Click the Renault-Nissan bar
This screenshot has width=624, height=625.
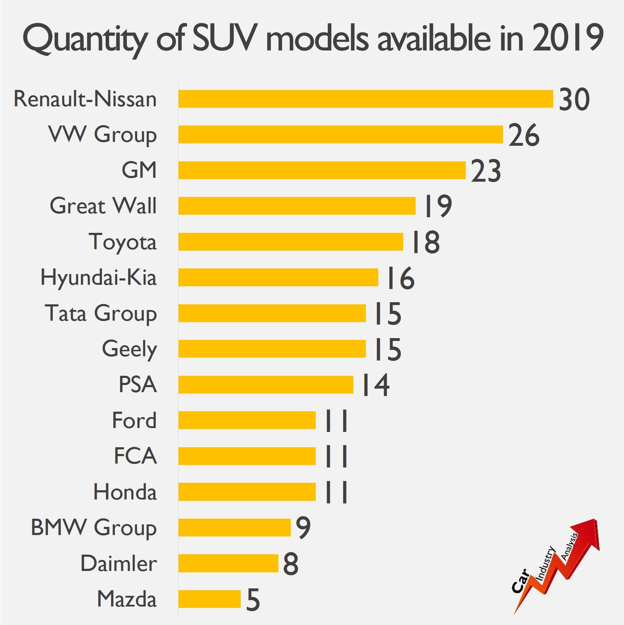pyautogui.click(x=366, y=99)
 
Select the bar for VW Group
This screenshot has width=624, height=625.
pyautogui.click(x=341, y=134)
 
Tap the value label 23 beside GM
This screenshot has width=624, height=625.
pyautogui.click(x=486, y=171)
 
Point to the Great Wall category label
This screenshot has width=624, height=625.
pyautogui.click(x=103, y=206)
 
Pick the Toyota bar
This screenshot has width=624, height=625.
pyautogui.click(x=291, y=242)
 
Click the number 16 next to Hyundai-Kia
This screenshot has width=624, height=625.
pyautogui.click(x=401, y=278)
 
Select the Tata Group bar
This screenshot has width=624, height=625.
pyautogui.click(x=272, y=313)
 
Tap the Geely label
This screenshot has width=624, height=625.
pyautogui.click(x=129, y=349)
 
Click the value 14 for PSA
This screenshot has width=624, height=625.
pyautogui.click(x=375, y=385)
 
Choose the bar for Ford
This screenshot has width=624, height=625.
pyautogui.click(x=247, y=420)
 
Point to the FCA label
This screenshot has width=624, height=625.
pyautogui.click(x=135, y=456)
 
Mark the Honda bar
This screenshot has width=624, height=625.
pyautogui.click(x=247, y=492)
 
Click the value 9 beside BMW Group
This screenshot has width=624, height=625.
pyautogui.click(x=303, y=528)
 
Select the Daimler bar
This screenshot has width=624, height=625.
pyautogui.click(x=228, y=563)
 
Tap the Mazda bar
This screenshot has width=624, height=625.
pyautogui.click(x=209, y=599)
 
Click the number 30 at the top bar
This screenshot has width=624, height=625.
pyautogui.click(x=574, y=99)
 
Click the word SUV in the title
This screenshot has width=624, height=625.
pyautogui.click(x=223, y=38)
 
